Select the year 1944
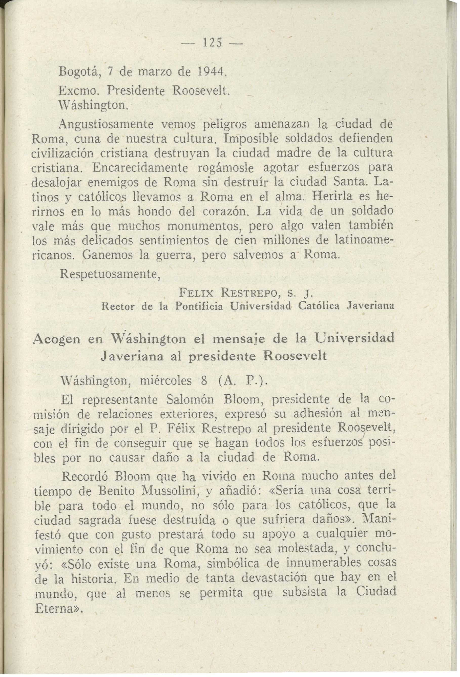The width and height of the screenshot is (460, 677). (x=210, y=71)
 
